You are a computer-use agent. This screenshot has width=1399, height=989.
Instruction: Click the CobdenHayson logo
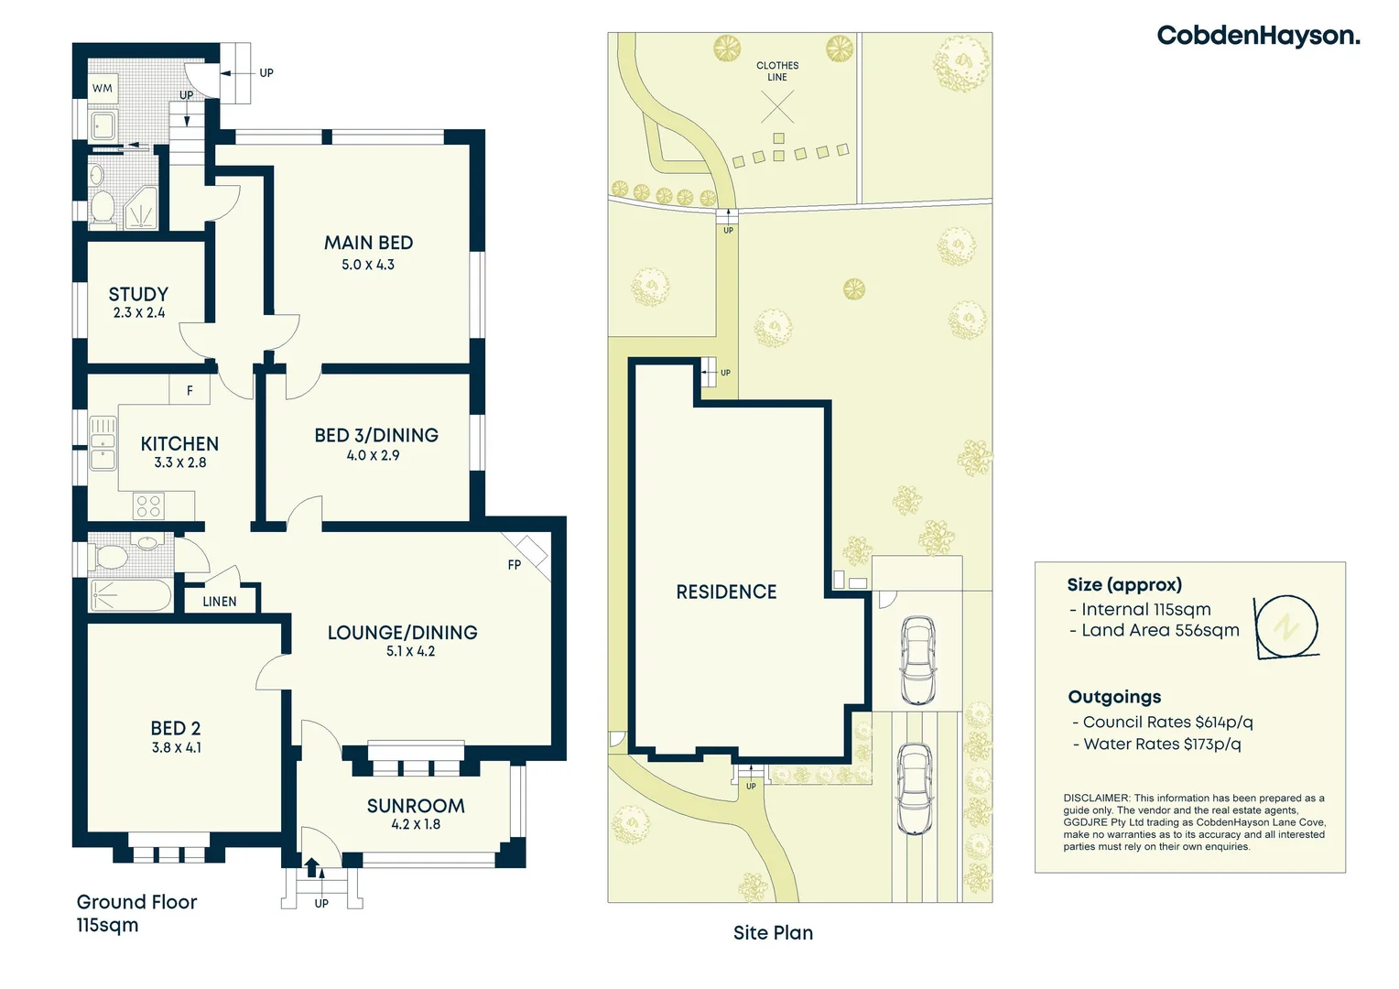(x=1259, y=36)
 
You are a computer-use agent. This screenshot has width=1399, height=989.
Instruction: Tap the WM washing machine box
(x=103, y=88)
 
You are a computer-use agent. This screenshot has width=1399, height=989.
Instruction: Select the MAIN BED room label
(x=368, y=243)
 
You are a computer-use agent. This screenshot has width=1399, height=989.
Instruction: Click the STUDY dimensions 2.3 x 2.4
(x=139, y=313)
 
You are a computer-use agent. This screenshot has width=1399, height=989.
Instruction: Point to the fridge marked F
(x=190, y=390)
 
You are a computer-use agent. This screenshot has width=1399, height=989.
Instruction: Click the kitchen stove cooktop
(x=148, y=506)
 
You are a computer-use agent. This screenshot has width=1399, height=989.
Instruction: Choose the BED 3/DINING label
(x=376, y=436)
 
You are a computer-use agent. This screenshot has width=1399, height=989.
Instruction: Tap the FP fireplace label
(x=514, y=565)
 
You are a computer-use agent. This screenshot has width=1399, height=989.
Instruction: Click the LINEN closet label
(x=219, y=602)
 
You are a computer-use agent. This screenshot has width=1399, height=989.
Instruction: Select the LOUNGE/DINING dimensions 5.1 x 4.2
(x=410, y=651)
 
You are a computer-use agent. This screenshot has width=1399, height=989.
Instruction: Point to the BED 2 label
(x=176, y=729)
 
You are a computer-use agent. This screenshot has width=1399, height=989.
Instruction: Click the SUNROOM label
(x=416, y=806)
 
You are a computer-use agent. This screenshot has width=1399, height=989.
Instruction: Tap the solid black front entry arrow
(x=311, y=868)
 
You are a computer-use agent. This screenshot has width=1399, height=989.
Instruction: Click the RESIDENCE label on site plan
(x=726, y=592)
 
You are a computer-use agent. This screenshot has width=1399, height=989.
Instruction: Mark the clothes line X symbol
(x=777, y=106)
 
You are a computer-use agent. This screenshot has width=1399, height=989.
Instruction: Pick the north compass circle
(x=1287, y=626)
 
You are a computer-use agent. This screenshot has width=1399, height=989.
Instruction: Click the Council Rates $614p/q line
(x=1163, y=723)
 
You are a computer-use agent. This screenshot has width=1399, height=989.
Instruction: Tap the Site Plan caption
(x=773, y=933)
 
